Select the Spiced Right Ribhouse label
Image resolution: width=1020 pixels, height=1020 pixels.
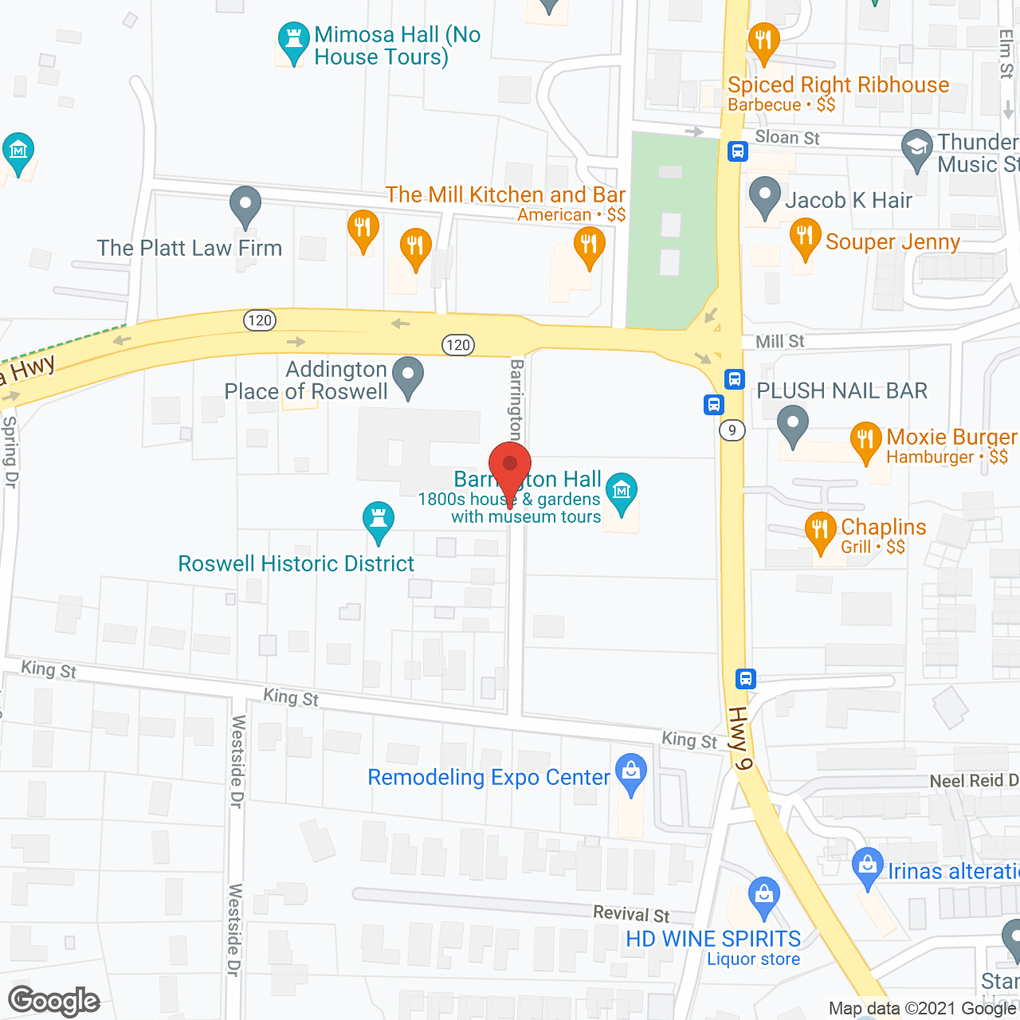coord(838,85)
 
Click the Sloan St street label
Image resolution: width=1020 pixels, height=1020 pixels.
coord(787,137)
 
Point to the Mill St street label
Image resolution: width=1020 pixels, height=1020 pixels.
coord(779,341)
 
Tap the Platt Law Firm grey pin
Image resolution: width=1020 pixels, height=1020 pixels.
coord(245,206)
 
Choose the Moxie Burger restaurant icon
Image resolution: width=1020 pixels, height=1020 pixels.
coord(866,441)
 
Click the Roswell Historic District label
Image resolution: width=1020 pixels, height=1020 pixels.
coord(296,563)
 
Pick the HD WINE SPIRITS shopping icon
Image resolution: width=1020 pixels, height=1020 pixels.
coord(764,896)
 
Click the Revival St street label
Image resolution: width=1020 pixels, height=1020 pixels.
coord(631,913)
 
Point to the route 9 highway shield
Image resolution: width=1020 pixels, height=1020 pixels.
coord(732,430)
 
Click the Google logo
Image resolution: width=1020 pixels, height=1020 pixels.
coord(54,1001)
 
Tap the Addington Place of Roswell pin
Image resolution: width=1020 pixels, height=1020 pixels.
coord(409,376)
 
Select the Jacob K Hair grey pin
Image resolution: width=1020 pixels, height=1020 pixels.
coord(765,196)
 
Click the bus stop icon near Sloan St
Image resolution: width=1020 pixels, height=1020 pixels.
coord(738,151)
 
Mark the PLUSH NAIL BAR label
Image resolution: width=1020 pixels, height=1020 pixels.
coord(841,390)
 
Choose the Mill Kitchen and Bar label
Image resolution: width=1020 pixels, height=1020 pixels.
coord(505,195)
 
